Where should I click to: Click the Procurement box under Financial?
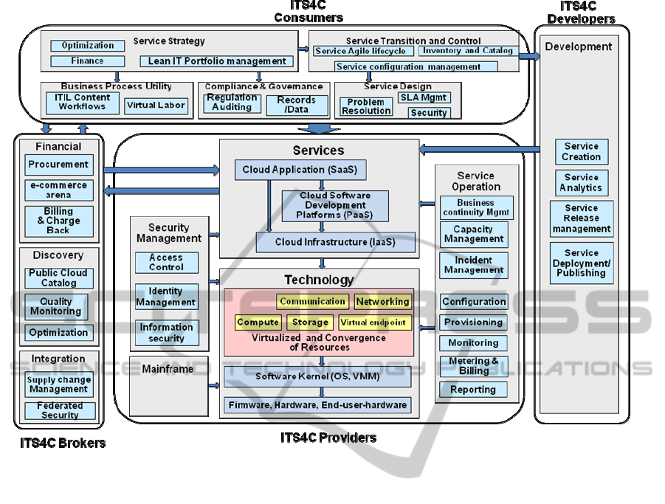coord(59,165)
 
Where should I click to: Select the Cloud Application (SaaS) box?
coord(300,170)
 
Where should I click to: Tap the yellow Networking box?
coord(382,301)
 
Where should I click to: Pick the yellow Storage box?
coord(310,322)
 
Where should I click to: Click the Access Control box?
coord(166,263)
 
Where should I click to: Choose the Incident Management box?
coord(474,265)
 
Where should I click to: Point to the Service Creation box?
coord(582,151)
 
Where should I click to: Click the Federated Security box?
coord(60,410)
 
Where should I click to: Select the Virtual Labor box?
coord(156,106)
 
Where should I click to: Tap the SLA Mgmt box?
coord(424,97)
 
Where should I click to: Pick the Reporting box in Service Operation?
coord(474,390)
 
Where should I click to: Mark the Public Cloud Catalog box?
coord(59,277)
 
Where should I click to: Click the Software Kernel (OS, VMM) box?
coord(318,376)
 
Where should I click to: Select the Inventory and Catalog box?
coord(467,51)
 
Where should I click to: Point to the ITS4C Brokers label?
coord(63,443)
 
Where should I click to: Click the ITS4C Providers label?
coord(328,438)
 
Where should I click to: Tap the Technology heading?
coord(319,280)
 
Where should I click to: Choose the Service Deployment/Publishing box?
coord(582,263)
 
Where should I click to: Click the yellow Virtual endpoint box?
coord(373,322)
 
